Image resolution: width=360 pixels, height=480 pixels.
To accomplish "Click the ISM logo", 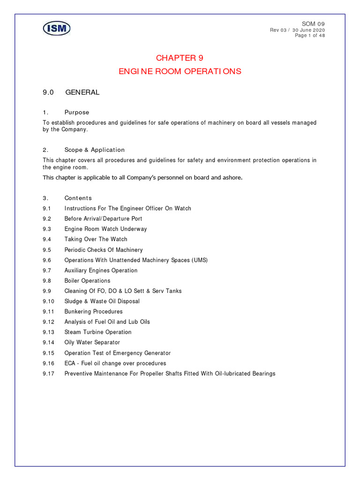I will [57, 29].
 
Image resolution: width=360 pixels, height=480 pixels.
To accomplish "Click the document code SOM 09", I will [314, 24].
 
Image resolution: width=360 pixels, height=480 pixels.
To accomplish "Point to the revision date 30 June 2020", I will [308, 30].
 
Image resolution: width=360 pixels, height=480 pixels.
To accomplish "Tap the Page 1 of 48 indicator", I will [310, 36].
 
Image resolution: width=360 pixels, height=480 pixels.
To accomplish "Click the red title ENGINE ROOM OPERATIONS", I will [180, 72].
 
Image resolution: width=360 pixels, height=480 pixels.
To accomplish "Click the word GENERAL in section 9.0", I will [82, 92].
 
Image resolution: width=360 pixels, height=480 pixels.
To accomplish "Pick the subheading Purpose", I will [76, 112].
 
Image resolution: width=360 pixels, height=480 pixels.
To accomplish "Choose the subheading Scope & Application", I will [94, 150].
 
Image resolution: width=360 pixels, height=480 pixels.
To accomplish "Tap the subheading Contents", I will [78, 198].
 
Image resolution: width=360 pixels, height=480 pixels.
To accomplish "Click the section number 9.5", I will [46, 250].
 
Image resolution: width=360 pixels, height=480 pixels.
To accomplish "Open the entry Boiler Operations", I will [87, 281].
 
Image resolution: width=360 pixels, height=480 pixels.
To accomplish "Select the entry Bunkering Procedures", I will [93, 312].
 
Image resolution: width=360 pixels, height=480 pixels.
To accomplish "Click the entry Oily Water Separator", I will [92, 343].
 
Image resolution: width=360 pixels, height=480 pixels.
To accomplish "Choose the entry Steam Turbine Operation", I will [97, 332].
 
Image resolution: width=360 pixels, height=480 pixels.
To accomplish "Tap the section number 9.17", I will [48, 374].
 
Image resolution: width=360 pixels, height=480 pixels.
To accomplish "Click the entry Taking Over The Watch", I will [96, 240].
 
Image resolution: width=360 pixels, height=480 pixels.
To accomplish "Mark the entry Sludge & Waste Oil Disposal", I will [102, 301].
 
